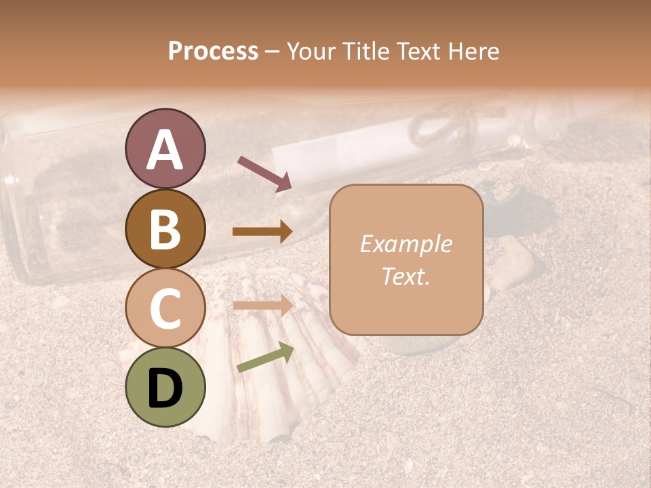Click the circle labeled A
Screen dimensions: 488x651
[165, 148]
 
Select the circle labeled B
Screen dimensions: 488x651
[165, 228]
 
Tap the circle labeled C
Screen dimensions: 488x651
[165, 307]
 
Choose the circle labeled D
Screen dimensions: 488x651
[165, 387]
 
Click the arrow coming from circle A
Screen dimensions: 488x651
[264, 173]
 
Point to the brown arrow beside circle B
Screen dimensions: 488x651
[262, 232]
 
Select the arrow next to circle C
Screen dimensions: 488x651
[262, 305]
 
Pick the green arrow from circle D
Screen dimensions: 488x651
[265, 358]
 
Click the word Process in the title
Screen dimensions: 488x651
[213, 52]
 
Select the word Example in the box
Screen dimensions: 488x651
[406, 244]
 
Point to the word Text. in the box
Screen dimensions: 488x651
[406, 276]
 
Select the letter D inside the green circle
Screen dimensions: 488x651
[165, 388]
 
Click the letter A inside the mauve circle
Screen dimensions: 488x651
[165, 150]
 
